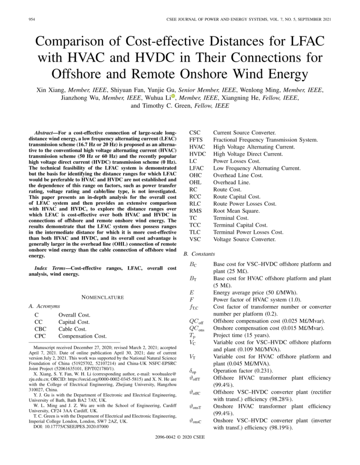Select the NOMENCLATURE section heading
pos(102,297)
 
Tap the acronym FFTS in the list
pos(196,139)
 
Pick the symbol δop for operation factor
pos(193,371)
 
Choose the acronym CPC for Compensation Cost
pos(40,336)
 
